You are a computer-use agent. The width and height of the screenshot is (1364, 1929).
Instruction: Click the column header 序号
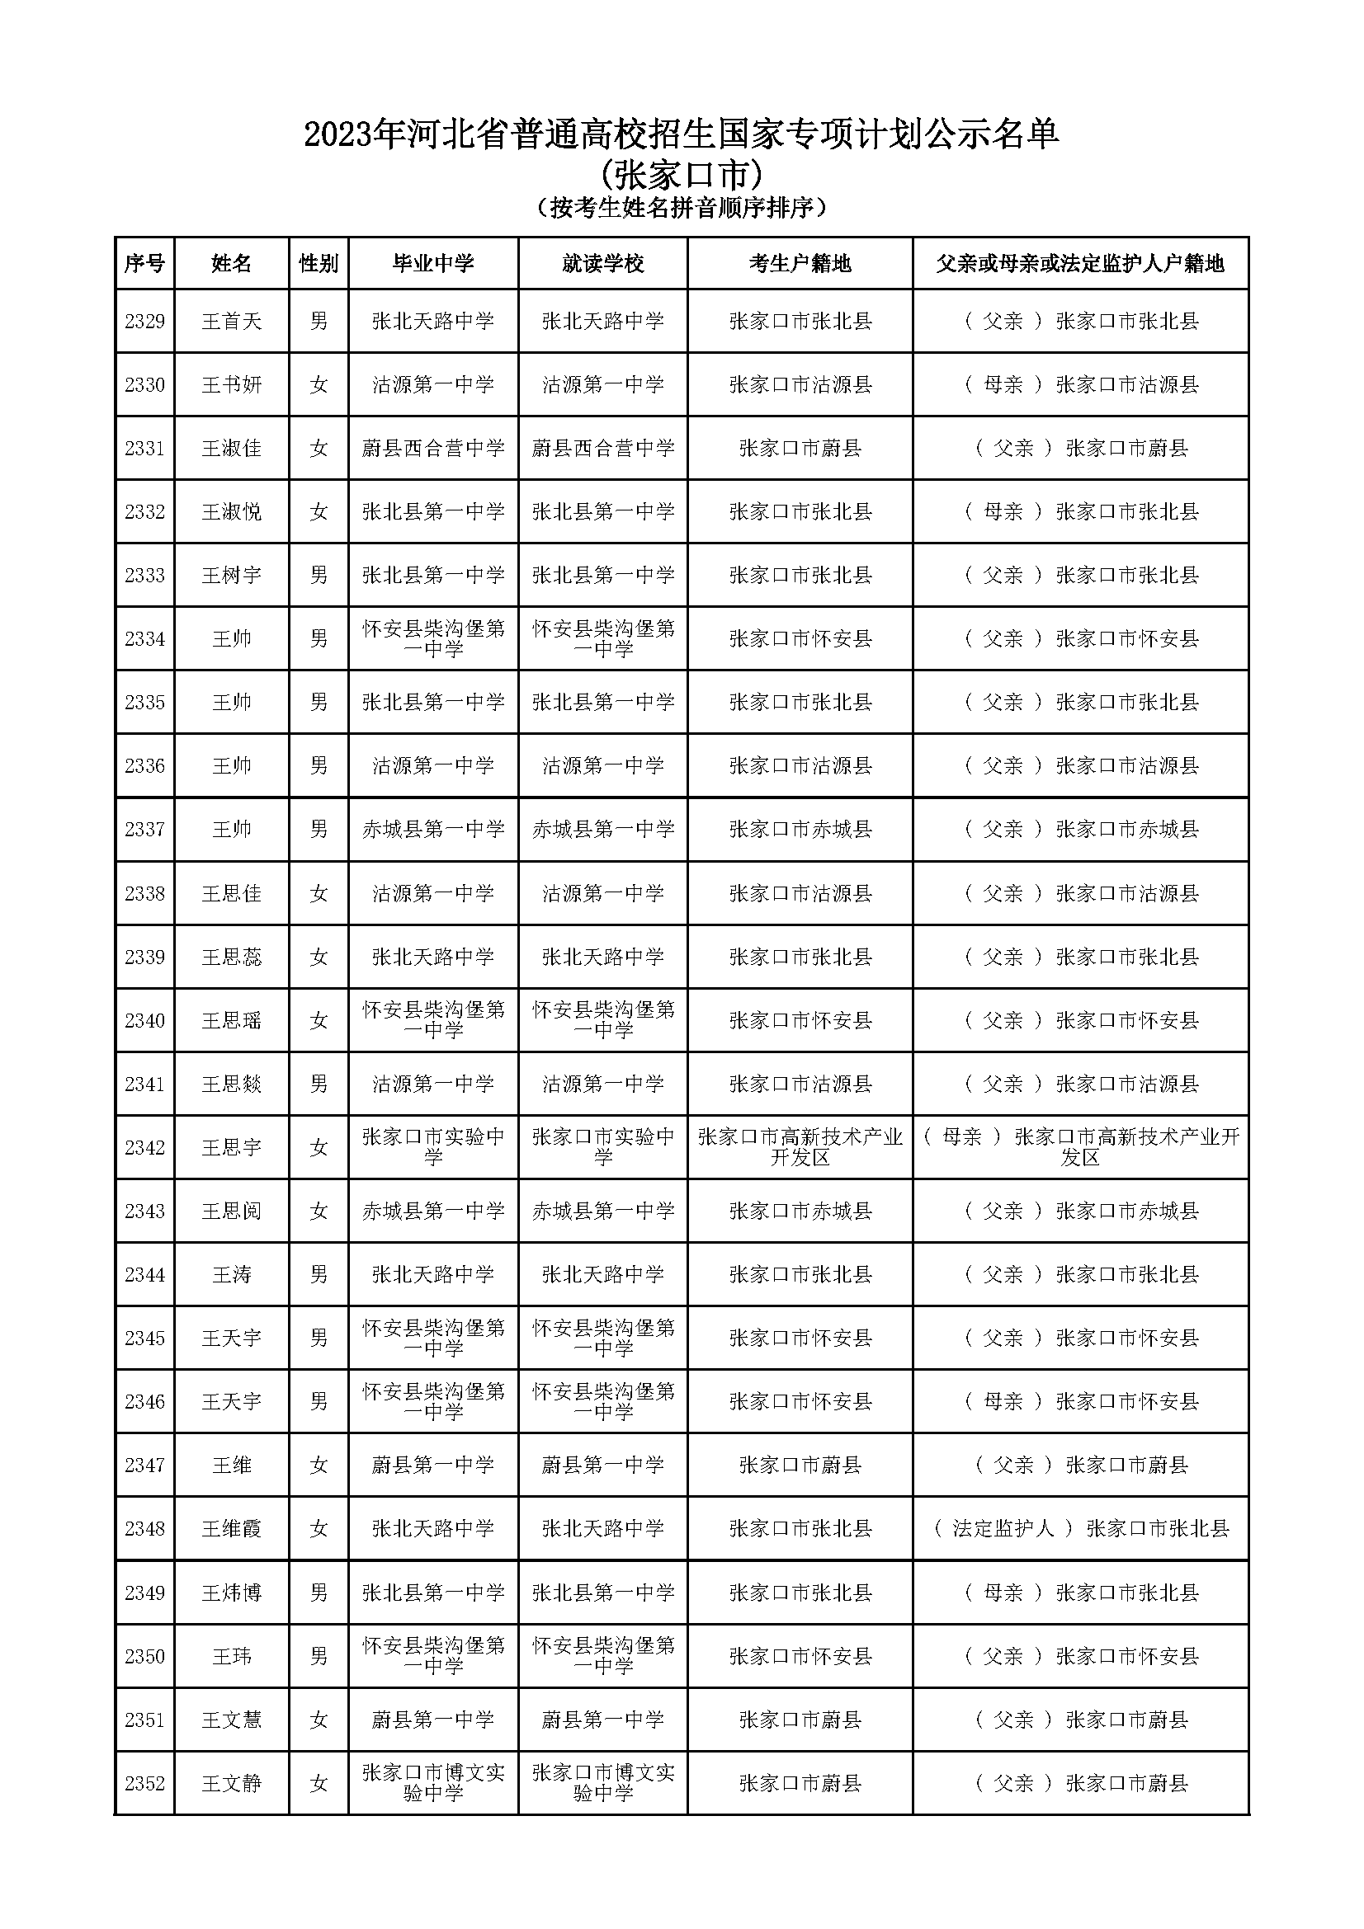tap(144, 264)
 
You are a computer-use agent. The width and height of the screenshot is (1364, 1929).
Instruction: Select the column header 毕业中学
tap(433, 264)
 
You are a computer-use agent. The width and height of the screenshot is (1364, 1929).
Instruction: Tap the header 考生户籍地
tap(800, 264)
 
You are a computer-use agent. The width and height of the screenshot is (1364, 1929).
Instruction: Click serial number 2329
tap(144, 321)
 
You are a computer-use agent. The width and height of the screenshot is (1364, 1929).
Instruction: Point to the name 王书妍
tap(231, 385)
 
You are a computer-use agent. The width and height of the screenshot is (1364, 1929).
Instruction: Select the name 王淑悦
tap(231, 511)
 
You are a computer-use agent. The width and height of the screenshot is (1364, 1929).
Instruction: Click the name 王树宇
tap(231, 576)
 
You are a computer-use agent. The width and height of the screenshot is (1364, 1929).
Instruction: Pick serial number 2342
tap(144, 1148)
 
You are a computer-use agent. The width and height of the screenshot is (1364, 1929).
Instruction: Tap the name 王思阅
tap(231, 1211)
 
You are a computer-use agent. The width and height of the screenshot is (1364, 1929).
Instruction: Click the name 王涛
tap(231, 1274)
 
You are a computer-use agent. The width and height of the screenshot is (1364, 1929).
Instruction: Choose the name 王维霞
tap(231, 1528)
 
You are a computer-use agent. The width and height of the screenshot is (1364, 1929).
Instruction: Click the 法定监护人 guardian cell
tap(1081, 1528)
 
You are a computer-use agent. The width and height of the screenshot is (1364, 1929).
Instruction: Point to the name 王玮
tap(231, 1656)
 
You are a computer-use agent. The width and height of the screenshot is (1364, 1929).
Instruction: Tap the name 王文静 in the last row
tap(231, 1783)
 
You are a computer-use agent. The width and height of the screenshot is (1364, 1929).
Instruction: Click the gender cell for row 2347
tap(319, 1466)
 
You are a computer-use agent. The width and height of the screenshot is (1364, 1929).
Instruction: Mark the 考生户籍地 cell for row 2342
tap(800, 1148)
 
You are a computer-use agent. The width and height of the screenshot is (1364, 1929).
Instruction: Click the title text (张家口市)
tap(682, 176)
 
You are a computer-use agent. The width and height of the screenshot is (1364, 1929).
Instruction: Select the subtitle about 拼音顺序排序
tap(682, 208)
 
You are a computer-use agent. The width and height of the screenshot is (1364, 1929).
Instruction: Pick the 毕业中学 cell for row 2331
tap(433, 449)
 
